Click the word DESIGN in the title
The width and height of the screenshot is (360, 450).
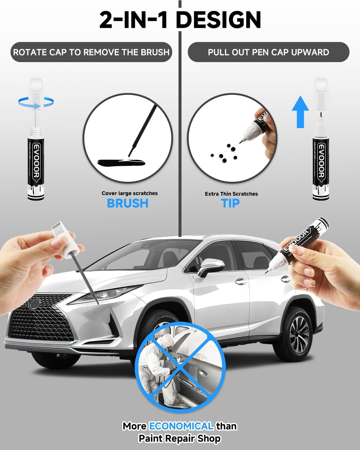click(x=218, y=20)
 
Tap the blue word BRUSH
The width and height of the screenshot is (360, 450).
click(x=128, y=203)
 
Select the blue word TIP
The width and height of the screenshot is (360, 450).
click(x=230, y=203)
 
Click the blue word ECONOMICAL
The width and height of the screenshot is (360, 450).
click(x=181, y=426)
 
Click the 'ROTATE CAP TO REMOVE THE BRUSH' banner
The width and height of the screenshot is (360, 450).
click(x=91, y=52)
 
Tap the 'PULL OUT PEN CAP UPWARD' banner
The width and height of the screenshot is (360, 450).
click(x=268, y=52)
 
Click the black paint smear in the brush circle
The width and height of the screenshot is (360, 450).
click(x=121, y=163)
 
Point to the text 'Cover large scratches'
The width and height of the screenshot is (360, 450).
click(x=130, y=193)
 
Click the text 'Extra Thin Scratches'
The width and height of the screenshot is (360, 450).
click(x=231, y=194)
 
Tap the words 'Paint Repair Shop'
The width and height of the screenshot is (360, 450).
click(x=179, y=439)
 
